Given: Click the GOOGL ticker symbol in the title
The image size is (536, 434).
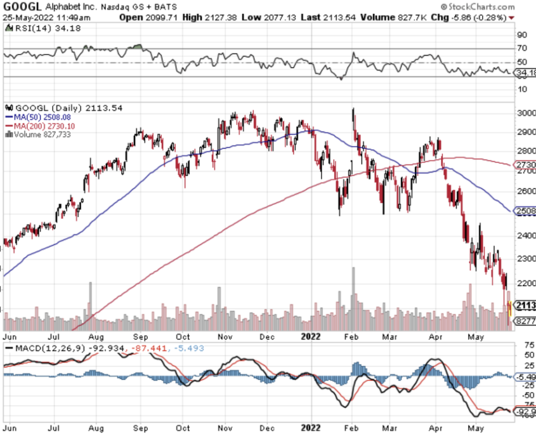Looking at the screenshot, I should tap(22, 6).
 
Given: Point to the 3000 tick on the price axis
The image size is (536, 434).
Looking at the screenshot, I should tap(523, 113).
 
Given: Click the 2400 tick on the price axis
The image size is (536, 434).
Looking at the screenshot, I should tap(523, 235).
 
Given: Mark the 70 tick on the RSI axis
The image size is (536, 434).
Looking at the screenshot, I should tap(522, 48).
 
